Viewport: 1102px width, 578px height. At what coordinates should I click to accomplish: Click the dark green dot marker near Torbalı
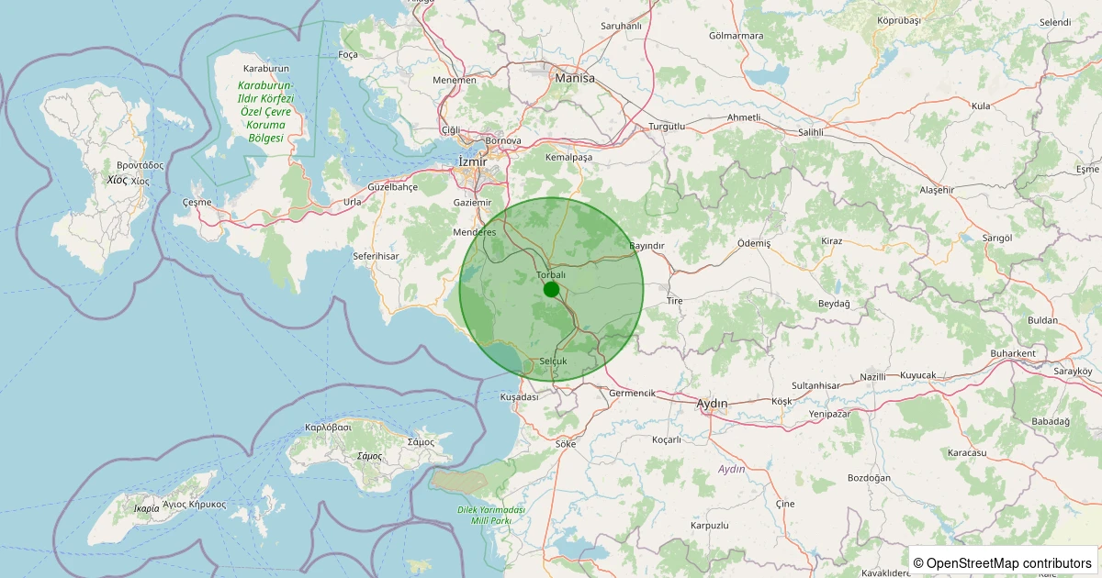tap(551, 290)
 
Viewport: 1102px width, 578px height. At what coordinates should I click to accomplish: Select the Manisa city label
tap(575, 78)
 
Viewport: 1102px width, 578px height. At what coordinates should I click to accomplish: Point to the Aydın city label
tap(712, 404)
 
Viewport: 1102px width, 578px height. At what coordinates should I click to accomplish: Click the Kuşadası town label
tap(519, 397)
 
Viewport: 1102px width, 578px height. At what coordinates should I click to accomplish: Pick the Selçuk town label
tap(555, 361)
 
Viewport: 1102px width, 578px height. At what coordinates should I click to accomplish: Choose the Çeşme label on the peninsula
tap(197, 202)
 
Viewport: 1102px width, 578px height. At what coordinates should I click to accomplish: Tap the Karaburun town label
tap(266, 69)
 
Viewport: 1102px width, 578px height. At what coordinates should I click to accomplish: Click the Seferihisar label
tap(376, 256)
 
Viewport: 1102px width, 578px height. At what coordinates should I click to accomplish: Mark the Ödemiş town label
tap(754, 243)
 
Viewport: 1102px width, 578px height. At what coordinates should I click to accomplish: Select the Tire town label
tap(675, 301)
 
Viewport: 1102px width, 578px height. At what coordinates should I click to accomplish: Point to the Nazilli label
tap(873, 377)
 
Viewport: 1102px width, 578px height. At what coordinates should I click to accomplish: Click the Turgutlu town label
tap(667, 126)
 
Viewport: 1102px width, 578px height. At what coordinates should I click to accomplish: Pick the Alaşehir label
tap(938, 190)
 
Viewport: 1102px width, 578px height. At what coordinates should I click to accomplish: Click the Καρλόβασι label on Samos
tap(328, 428)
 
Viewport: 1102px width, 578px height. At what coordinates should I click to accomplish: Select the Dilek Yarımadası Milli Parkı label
tap(490, 515)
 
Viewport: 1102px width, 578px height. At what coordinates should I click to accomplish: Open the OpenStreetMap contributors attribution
tap(1004, 562)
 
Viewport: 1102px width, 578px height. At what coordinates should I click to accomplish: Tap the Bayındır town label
tap(647, 246)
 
